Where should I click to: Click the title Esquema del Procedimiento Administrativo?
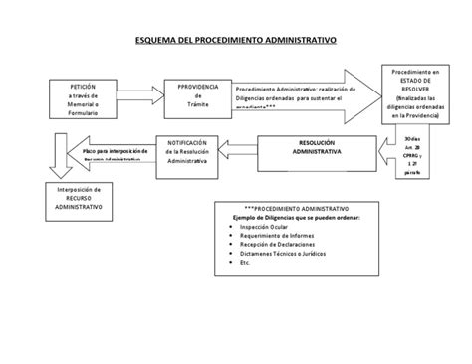[x=236, y=44]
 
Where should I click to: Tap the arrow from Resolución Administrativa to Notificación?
[x=244, y=148]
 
